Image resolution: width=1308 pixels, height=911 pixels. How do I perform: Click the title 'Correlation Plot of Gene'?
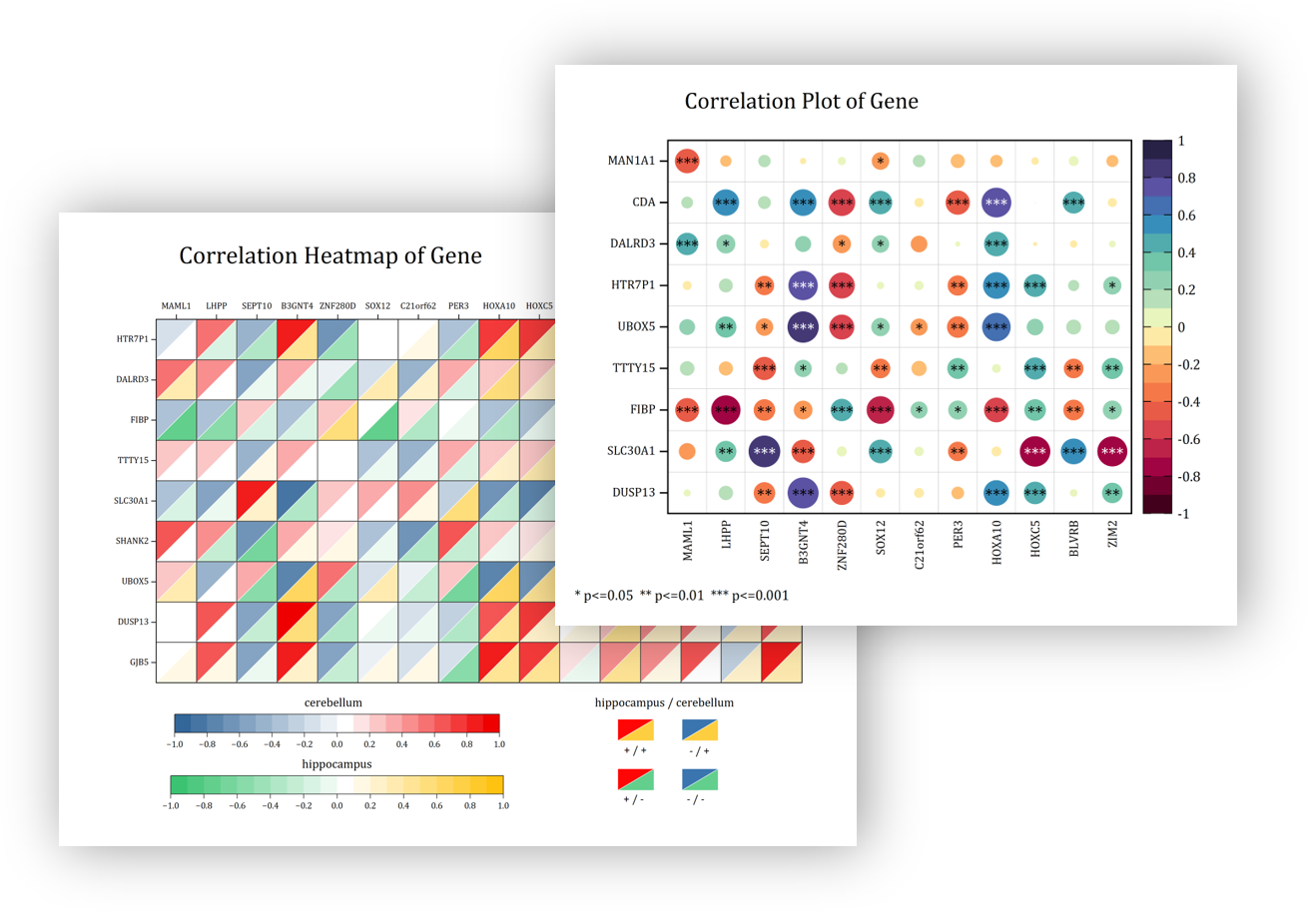click(801, 101)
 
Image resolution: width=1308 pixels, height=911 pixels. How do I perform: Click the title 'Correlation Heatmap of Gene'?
click(330, 255)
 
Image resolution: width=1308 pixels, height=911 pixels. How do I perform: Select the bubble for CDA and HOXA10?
click(995, 202)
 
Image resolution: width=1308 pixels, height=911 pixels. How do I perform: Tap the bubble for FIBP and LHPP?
click(726, 409)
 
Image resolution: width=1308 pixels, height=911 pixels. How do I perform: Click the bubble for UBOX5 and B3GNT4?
click(803, 326)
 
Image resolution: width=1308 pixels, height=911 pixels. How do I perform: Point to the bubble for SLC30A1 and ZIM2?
click(1112, 451)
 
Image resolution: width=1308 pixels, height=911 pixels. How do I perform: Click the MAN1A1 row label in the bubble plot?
click(631, 161)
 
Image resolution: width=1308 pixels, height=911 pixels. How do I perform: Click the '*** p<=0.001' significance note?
click(750, 596)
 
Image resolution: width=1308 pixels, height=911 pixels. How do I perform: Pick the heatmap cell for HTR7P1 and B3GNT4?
click(298, 339)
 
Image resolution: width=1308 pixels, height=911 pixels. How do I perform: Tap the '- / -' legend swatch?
click(700, 779)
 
